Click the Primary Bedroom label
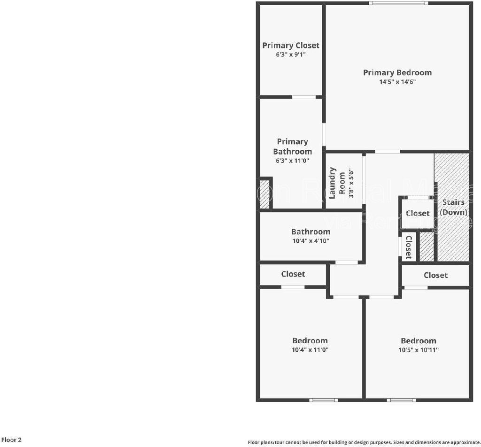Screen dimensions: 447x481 [397, 72]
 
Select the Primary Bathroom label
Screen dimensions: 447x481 [292, 146]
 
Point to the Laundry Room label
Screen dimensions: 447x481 [337, 183]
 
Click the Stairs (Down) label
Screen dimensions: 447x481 [453, 207]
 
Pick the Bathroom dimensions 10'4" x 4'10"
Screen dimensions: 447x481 [310, 241]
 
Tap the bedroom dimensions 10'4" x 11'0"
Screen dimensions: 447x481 [310, 350]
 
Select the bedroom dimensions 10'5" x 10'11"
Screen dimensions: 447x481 [418, 350]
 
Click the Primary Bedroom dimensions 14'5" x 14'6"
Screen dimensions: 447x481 [397, 82]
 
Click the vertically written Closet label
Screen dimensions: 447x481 [408, 247]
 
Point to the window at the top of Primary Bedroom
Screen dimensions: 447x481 [398, 3]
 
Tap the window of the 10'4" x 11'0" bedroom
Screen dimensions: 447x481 [323, 400]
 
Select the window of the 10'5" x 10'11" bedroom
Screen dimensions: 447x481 [401, 400]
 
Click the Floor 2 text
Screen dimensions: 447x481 [11, 440]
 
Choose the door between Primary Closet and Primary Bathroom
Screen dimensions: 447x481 [303, 97]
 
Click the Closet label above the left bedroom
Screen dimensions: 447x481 [293, 274]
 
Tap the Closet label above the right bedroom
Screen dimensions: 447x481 [435, 275]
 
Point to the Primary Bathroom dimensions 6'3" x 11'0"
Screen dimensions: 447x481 [292, 161]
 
